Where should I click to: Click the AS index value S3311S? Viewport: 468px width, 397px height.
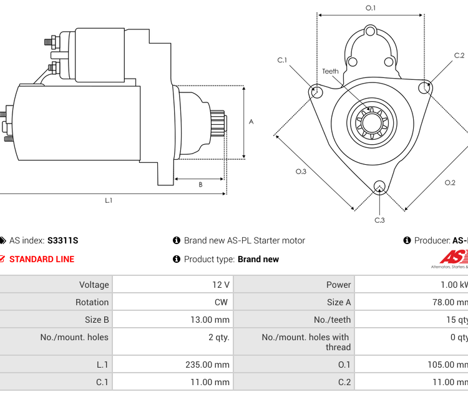click(62, 240)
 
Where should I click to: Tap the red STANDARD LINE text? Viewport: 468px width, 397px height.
click(41, 259)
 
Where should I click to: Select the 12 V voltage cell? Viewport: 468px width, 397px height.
click(221, 285)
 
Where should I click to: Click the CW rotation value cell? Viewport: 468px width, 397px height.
click(222, 302)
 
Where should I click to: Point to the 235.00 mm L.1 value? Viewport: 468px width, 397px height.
click(208, 365)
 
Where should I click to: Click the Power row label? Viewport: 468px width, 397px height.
click(338, 285)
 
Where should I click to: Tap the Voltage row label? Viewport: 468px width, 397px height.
click(94, 285)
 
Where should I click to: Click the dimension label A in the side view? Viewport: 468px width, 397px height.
click(251, 122)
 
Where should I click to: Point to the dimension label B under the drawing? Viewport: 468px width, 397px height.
click(200, 184)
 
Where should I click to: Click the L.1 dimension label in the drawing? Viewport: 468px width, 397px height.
click(109, 200)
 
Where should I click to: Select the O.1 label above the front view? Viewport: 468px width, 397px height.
click(371, 7)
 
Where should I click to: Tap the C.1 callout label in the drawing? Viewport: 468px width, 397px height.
click(282, 61)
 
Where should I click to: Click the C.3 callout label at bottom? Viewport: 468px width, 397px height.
click(379, 220)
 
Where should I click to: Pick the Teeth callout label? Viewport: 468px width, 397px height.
click(330, 71)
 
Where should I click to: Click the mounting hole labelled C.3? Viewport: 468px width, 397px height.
click(379, 186)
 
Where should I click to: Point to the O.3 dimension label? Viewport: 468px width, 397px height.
click(301, 172)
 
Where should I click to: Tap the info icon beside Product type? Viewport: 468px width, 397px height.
click(177, 259)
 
